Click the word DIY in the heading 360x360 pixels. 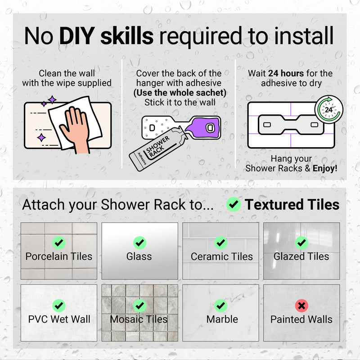tap(77, 36)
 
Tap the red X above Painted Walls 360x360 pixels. tap(301, 306)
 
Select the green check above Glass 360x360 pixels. tap(139, 243)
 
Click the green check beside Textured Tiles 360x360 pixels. tap(234, 204)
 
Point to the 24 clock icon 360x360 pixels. tap(329, 109)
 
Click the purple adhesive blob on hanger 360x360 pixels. tap(203, 128)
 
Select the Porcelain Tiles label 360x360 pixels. tap(59, 256)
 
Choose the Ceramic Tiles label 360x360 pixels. tap(221, 256)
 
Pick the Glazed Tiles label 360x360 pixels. tap(301, 256)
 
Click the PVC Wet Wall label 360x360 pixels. tap(59, 319)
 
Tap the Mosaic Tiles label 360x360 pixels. tap(139, 319)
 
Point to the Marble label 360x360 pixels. tap(222, 319)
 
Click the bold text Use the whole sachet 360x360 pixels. tap(180, 93)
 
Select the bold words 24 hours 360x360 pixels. tap(286, 73)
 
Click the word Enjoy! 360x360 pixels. tap(325, 168)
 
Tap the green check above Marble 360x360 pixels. tap(220, 306)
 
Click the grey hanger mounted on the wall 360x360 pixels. tap(291, 125)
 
